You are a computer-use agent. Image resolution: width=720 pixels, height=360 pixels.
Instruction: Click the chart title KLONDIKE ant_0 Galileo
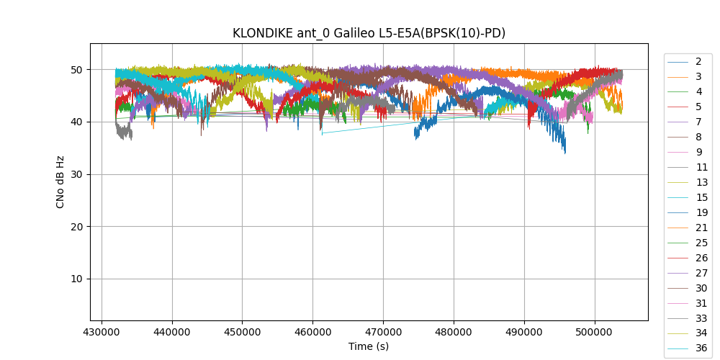pos(369,33)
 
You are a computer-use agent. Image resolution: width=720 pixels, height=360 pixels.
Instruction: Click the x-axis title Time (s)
pos(369,346)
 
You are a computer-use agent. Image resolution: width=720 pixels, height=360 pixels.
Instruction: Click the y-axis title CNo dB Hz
pos(60,181)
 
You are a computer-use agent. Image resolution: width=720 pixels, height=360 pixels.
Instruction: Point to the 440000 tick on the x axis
pos(171,332)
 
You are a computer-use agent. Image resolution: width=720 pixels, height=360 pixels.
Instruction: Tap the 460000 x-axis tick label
pos(312,332)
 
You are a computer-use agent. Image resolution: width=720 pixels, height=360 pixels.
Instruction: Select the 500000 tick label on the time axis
pos(595,332)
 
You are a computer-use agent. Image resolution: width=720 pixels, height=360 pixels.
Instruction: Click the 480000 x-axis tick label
pos(454,332)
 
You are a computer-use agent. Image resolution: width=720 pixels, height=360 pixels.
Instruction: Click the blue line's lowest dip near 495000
pos(564,152)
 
